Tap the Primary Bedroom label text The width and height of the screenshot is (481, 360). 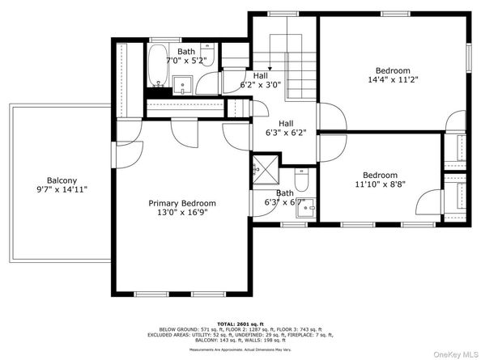(181, 203)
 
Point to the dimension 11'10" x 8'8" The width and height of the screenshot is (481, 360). (380, 185)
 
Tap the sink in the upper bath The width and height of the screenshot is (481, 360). (184, 83)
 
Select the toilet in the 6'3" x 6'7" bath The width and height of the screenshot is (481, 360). (301, 176)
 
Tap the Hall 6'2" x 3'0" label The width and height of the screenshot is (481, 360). (260, 79)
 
